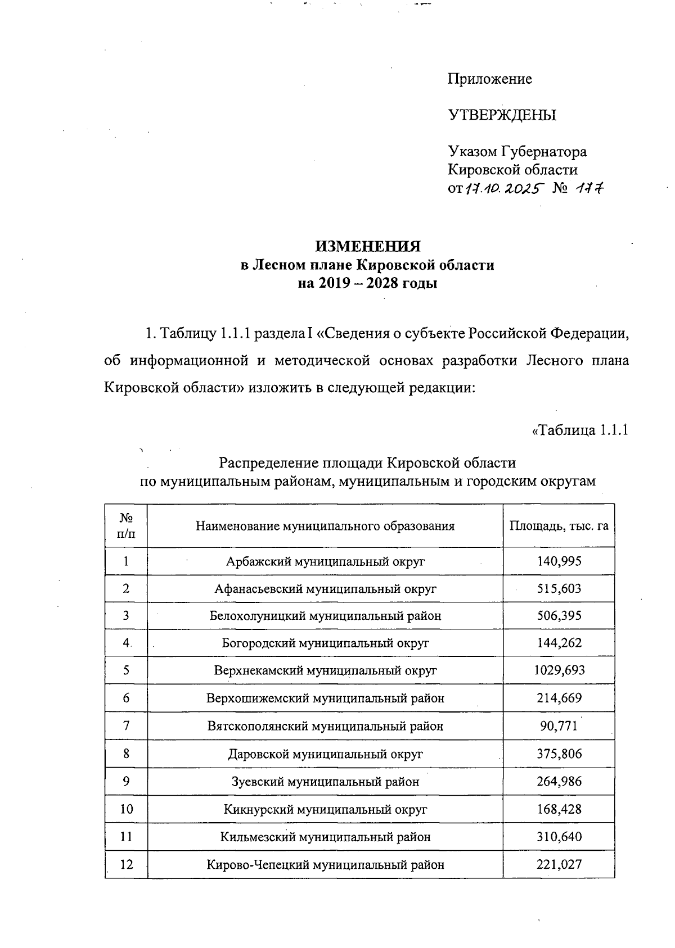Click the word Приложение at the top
tap(489, 79)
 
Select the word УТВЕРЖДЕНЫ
tap(502, 116)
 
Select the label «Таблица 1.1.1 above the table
tap(579, 430)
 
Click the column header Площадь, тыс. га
tap(559, 526)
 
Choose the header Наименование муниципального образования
tap(325, 526)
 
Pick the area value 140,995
tap(559, 561)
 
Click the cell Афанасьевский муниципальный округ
tap(325, 588)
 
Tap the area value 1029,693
tap(559, 670)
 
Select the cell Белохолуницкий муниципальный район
tap(325, 616)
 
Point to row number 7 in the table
tap(126, 725)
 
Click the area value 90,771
tap(559, 725)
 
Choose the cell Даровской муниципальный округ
tap(325, 754)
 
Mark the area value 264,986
tap(559, 781)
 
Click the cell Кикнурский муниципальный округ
tap(325, 809)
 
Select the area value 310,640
tap(559, 837)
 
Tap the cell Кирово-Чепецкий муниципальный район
tap(325, 864)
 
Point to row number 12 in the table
tap(126, 864)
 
